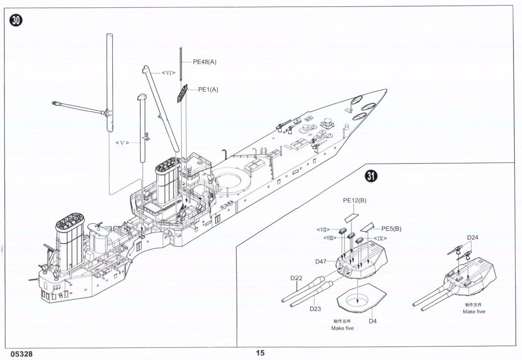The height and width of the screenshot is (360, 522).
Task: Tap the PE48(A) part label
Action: [x=205, y=62]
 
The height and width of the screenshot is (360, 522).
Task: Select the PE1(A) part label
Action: [x=208, y=89]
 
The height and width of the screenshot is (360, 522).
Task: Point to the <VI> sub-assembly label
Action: [x=169, y=72]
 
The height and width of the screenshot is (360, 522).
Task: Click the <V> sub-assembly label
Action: [x=122, y=143]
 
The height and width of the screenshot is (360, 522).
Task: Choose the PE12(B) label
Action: [x=354, y=200]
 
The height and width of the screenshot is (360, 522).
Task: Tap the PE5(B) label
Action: [x=391, y=229]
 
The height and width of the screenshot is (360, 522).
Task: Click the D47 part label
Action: [x=321, y=262]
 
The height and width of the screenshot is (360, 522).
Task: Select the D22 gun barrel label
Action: [x=296, y=278]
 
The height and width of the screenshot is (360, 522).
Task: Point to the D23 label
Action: [x=315, y=309]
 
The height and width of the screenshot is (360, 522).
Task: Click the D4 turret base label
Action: [x=373, y=321]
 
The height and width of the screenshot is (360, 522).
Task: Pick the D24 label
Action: [x=472, y=238]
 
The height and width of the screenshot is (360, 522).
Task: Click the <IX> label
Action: [x=380, y=239]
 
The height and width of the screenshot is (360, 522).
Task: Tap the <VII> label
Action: [x=323, y=230]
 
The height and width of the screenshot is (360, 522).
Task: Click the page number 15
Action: [x=260, y=353]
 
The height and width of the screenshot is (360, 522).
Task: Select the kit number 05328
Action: [x=22, y=354]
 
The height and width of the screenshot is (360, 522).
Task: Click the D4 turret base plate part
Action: [x=362, y=298]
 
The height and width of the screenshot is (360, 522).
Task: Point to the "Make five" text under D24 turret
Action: [x=474, y=312]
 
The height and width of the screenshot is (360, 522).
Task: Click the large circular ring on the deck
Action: [x=231, y=178]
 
